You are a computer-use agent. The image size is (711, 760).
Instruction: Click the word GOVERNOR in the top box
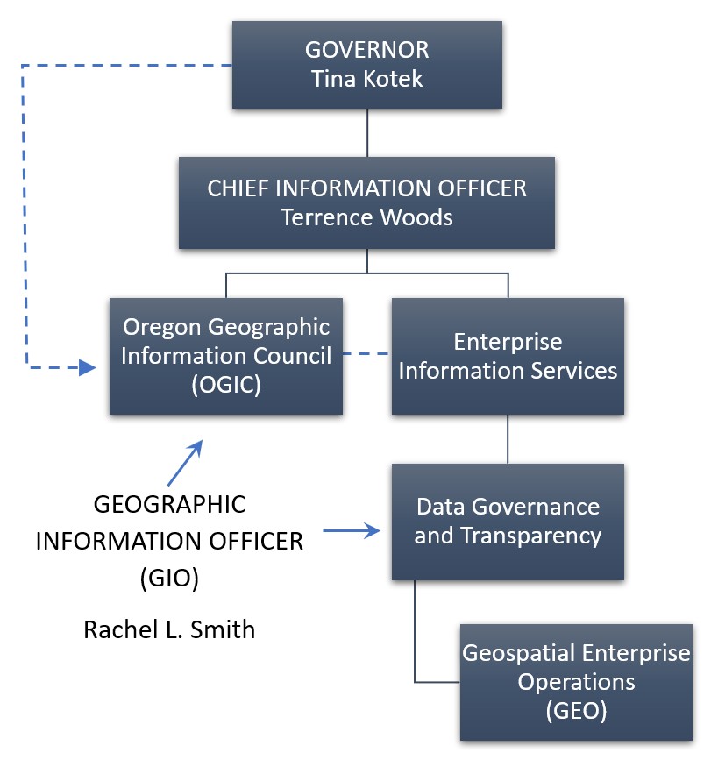tap(366, 50)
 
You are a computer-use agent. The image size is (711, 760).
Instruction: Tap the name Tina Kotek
tap(366, 79)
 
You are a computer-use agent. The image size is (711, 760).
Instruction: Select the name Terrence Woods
tap(366, 217)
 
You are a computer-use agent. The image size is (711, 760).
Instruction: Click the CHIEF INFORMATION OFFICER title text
tap(366, 188)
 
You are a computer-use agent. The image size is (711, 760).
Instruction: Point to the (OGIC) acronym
tap(226, 385)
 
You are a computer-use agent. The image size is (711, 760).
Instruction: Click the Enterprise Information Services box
tap(508, 356)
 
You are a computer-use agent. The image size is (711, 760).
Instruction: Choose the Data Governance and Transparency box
tap(508, 522)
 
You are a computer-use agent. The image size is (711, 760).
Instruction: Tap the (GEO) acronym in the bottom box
tap(576, 711)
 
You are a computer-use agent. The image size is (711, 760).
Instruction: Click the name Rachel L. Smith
tap(169, 629)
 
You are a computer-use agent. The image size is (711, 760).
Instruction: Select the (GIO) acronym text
tap(169, 578)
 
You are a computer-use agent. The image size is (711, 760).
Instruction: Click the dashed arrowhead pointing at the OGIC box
tap(88, 367)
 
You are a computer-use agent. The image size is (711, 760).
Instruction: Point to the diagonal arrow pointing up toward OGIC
tap(185, 462)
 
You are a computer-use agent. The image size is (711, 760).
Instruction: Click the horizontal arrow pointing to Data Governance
tap(352, 530)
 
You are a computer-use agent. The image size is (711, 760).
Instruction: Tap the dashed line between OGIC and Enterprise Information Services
tap(366, 354)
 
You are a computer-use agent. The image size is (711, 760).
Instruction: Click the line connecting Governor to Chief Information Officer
tap(367, 132)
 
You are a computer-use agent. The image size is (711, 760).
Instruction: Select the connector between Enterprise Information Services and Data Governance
tap(508, 439)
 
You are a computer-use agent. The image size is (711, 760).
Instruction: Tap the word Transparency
tap(531, 536)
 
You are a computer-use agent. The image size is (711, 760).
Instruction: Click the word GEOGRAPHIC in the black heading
tap(169, 504)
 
